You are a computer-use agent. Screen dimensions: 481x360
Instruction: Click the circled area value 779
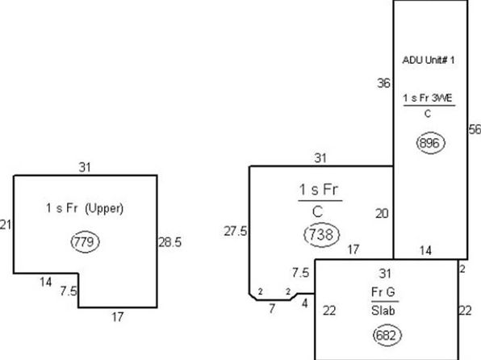pyautogui.click(x=85, y=242)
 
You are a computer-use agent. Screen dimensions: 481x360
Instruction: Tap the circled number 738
pyautogui.click(x=321, y=235)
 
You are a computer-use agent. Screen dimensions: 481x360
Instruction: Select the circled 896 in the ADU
pyautogui.click(x=430, y=143)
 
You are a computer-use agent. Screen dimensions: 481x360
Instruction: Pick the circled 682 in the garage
pyautogui.click(x=387, y=335)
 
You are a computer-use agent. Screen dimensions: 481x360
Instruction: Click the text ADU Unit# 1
pyautogui.click(x=429, y=61)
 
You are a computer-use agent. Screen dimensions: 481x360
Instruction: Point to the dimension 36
pyautogui.click(x=383, y=83)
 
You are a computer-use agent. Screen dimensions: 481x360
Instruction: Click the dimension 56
pyautogui.click(x=475, y=129)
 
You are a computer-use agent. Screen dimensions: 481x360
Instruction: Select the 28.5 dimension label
pyautogui.click(x=170, y=242)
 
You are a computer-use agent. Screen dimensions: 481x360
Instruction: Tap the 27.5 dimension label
pyautogui.click(x=236, y=231)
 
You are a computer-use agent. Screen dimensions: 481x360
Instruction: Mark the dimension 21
pyautogui.click(x=5, y=225)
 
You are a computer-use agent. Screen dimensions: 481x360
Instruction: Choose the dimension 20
pyautogui.click(x=382, y=214)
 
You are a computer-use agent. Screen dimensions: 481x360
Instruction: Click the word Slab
pyautogui.click(x=383, y=311)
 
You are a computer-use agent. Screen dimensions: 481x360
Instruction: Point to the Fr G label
pyautogui.click(x=383, y=292)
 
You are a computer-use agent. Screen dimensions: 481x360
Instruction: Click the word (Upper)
pyautogui.click(x=104, y=209)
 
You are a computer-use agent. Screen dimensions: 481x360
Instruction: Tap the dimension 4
pyautogui.click(x=304, y=303)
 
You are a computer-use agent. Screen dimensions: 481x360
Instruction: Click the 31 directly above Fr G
pyautogui.click(x=385, y=274)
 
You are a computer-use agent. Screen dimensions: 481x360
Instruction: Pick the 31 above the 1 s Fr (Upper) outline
pyautogui.click(x=85, y=168)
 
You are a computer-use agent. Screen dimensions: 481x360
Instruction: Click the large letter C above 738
pyautogui.click(x=318, y=211)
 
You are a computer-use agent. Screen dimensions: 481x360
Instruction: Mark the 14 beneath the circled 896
pyautogui.click(x=425, y=251)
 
